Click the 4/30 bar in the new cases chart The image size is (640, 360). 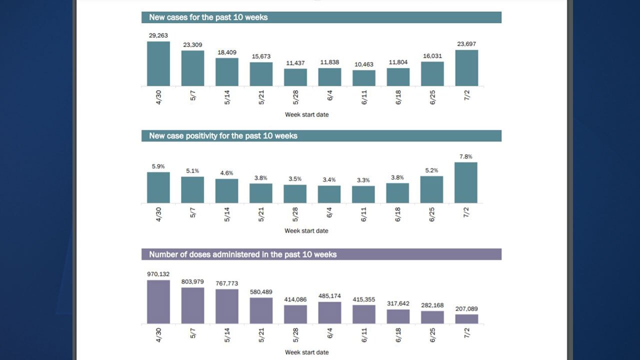point(158,64)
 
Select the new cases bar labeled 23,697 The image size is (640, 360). point(466,68)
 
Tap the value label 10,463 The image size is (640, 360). point(363,64)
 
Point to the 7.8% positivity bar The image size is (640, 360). point(466,182)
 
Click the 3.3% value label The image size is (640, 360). point(363,180)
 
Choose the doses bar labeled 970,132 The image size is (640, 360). point(158,302)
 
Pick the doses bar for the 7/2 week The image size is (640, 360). point(466,319)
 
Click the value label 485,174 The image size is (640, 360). point(329,296)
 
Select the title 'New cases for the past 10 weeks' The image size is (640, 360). point(208,17)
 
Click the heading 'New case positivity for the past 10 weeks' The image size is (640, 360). point(223,136)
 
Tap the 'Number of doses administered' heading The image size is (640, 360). point(243,254)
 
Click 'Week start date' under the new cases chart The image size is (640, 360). point(306,114)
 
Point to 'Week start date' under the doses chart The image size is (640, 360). point(306,352)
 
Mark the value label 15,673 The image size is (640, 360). point(261,56)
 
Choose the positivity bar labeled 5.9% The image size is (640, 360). point(158,187)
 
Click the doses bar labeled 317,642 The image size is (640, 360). point(398,316)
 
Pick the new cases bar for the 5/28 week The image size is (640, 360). point(295,77)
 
